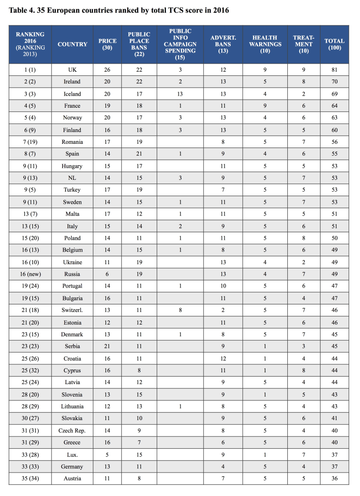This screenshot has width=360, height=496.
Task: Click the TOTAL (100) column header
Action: (334, 44)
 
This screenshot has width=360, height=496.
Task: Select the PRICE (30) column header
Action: (107, 44)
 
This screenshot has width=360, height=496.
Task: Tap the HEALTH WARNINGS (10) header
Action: (265, 44)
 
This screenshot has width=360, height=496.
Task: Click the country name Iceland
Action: (72, 94)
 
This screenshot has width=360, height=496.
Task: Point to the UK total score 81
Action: (334, 70)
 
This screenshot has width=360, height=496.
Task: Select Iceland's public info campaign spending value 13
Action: (180, 94)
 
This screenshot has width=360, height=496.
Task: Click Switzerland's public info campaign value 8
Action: (180, 311)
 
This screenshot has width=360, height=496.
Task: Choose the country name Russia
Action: (72, 274)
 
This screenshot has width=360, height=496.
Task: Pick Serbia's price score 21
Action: (107, 347)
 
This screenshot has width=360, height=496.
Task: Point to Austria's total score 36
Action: (334, 478)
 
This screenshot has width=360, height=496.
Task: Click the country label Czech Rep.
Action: (72, 430)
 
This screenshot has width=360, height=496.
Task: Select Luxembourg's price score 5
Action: (107, 454)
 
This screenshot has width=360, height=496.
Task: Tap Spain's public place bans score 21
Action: (139, 154)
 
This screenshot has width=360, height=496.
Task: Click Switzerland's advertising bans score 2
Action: (223, 311)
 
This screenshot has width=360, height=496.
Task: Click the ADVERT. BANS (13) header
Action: (223, 44)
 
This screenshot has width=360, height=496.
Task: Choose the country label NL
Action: (72, 178)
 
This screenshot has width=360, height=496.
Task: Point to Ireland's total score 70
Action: (334, 81)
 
